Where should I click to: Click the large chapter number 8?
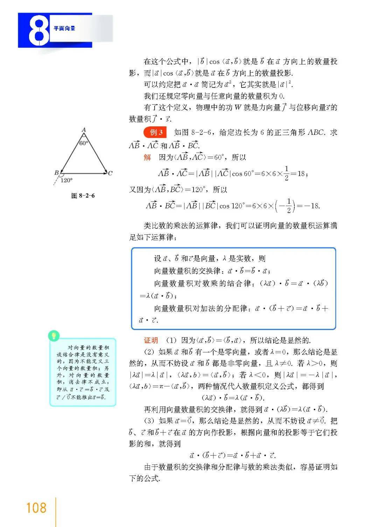click(38, 31)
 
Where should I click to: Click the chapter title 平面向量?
click(64, 29)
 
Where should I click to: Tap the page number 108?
click(36, 508)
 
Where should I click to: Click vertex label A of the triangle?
click(84, 130)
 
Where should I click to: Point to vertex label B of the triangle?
click(56, 173)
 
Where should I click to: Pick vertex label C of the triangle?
click(110, 173)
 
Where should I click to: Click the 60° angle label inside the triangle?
click(84, 143)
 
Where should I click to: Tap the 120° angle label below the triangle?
click(66, 181)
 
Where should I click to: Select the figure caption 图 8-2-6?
click(83, 196)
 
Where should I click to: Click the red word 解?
click(147, 157)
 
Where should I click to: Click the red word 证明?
click(151, 340)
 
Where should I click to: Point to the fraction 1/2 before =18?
click(287, 173)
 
